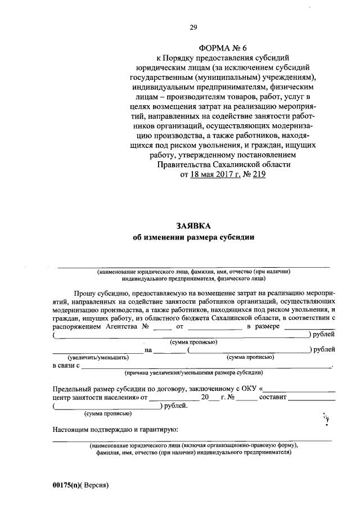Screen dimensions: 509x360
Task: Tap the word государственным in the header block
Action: [x=154, y=78]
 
